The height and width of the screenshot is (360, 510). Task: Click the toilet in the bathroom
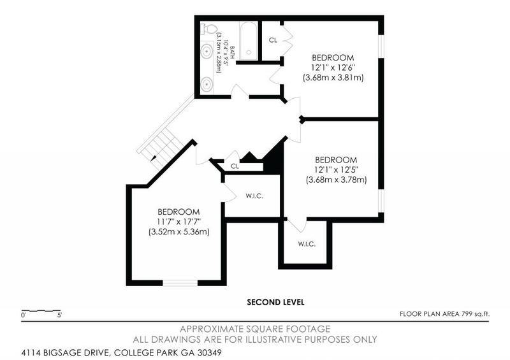(x=207, y=29)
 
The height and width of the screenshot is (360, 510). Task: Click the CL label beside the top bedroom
(x=273, y=40)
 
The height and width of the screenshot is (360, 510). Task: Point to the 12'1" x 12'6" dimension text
(x=333, y=67)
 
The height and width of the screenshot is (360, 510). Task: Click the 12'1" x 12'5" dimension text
(x=337, y=169)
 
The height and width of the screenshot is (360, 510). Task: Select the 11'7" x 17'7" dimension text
(x=179, y=221)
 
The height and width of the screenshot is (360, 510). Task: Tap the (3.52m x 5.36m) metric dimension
(x=179, y=231)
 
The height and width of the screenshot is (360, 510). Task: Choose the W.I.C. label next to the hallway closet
(x=254, y=196)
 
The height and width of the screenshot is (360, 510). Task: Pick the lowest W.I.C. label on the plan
(x=307, y=244)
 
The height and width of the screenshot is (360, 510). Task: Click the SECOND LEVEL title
(x=275, y=301)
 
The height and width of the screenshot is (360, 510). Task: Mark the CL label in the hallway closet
(x=235, y=166)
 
